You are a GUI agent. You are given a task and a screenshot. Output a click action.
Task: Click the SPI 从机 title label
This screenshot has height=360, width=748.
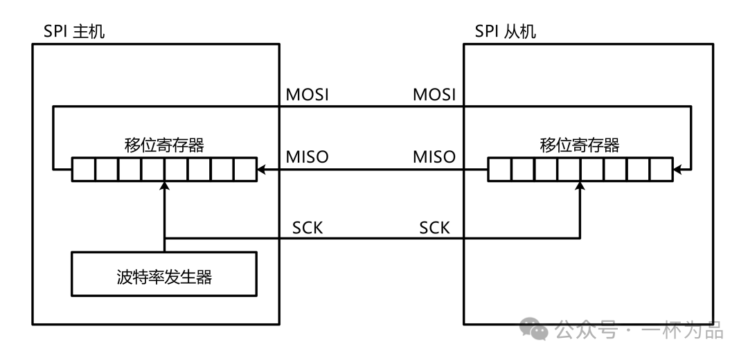point(506,32)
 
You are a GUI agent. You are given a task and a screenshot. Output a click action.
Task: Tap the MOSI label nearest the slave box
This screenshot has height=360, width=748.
point(434,94)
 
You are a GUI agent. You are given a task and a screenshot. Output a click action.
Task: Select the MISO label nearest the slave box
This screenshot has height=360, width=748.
point(434,157)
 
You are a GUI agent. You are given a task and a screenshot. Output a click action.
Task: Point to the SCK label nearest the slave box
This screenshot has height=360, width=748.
point(434,228)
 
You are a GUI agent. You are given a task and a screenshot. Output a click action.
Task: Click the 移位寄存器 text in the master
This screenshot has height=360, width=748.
point(164,145)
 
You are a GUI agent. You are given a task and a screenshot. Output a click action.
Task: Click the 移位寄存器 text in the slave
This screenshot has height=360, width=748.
point(579,145)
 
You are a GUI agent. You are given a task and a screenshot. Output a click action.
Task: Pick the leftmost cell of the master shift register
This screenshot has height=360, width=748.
point(83,169)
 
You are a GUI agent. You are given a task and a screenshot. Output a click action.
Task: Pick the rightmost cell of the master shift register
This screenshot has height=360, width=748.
point(245,169)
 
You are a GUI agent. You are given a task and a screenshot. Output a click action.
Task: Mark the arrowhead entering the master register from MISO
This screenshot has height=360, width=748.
point(261,169)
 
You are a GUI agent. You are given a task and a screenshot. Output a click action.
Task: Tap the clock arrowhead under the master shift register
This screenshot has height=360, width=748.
point(164,185)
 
